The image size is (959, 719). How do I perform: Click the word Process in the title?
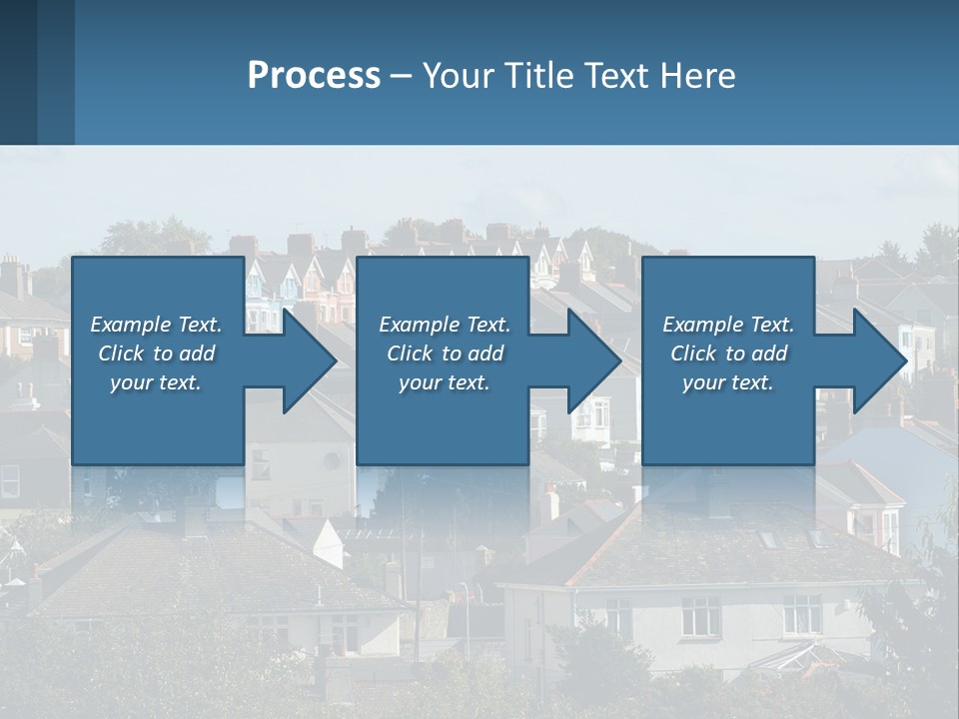point(314,76)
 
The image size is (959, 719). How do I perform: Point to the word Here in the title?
point(697,76)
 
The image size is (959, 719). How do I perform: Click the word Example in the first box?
point(131,325)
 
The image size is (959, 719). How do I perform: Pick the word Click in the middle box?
point(410,354)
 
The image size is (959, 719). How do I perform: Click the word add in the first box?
point(197,354)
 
